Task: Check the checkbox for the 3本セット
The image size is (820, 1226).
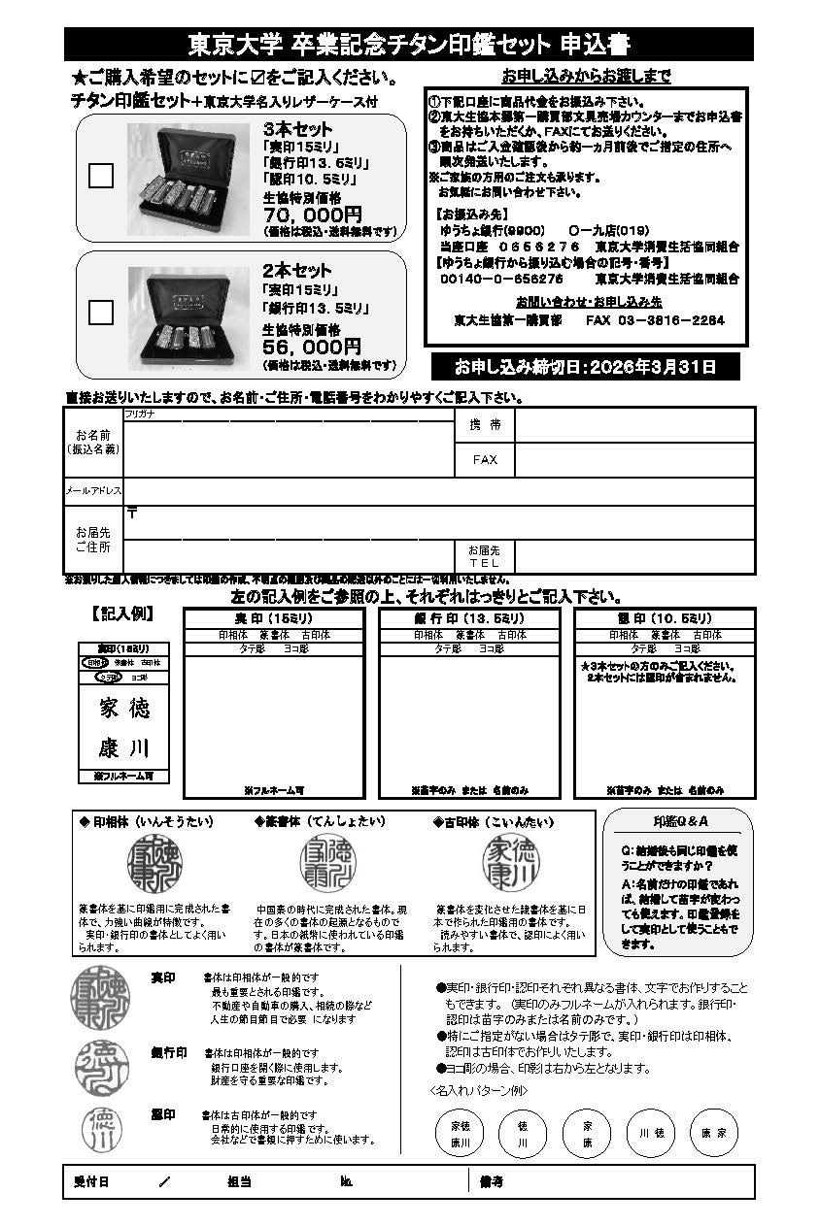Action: pos(101,176)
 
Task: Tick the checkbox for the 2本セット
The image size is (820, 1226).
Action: pos(101,312)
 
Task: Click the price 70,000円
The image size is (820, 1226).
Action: pos(312,215)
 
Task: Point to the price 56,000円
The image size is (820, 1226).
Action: pos(312,347)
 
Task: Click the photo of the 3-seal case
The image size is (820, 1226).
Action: pos(189,179)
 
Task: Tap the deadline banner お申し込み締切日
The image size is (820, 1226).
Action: pos(585,367)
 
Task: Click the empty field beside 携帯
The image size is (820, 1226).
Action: pos(633,425)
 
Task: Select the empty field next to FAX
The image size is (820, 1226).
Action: pos(633,459)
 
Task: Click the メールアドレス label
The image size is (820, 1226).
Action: pos(93,491)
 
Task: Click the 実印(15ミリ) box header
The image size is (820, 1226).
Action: pos(274,619)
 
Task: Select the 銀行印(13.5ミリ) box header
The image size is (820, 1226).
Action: pos(469,619)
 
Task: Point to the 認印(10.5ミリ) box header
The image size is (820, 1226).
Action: pos(665,619)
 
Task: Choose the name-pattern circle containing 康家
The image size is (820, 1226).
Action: pos(714,1133)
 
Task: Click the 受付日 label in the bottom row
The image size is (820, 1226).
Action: pos(91,1181)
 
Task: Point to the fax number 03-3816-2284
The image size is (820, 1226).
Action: pos(668,320)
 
